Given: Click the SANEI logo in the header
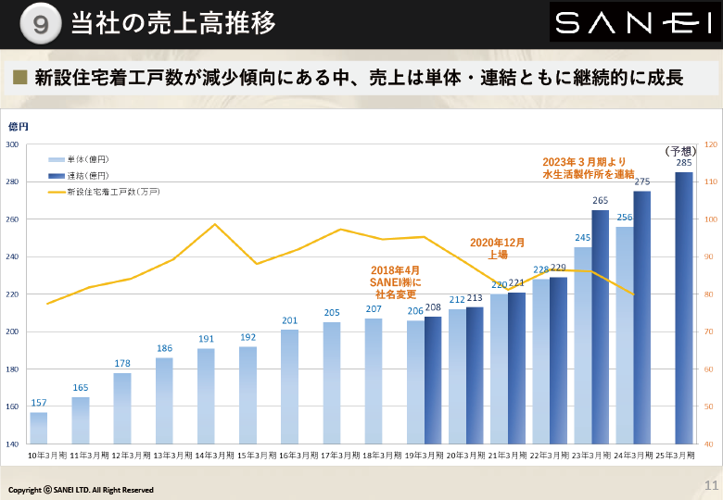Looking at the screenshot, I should pos(634,23).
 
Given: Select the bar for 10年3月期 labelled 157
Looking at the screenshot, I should pos(39,428).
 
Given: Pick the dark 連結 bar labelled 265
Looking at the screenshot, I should pos(601,327).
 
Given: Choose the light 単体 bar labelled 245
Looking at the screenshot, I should pos(582,345).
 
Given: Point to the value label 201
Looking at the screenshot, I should pos(289,321).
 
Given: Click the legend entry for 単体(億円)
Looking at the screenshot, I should pos(78,159).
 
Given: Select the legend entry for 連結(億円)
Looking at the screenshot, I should pos(78,175).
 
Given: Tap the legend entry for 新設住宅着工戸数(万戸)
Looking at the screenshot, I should pos(102,192).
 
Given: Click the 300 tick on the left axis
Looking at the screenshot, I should pos(12,144).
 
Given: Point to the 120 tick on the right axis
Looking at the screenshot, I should pos(711,144).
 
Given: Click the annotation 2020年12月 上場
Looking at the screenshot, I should pos(497,248).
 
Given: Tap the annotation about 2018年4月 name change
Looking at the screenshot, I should pos(396,281).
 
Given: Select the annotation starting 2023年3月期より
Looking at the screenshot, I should pos(589,168).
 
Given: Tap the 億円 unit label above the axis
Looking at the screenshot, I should pos(19,126).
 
